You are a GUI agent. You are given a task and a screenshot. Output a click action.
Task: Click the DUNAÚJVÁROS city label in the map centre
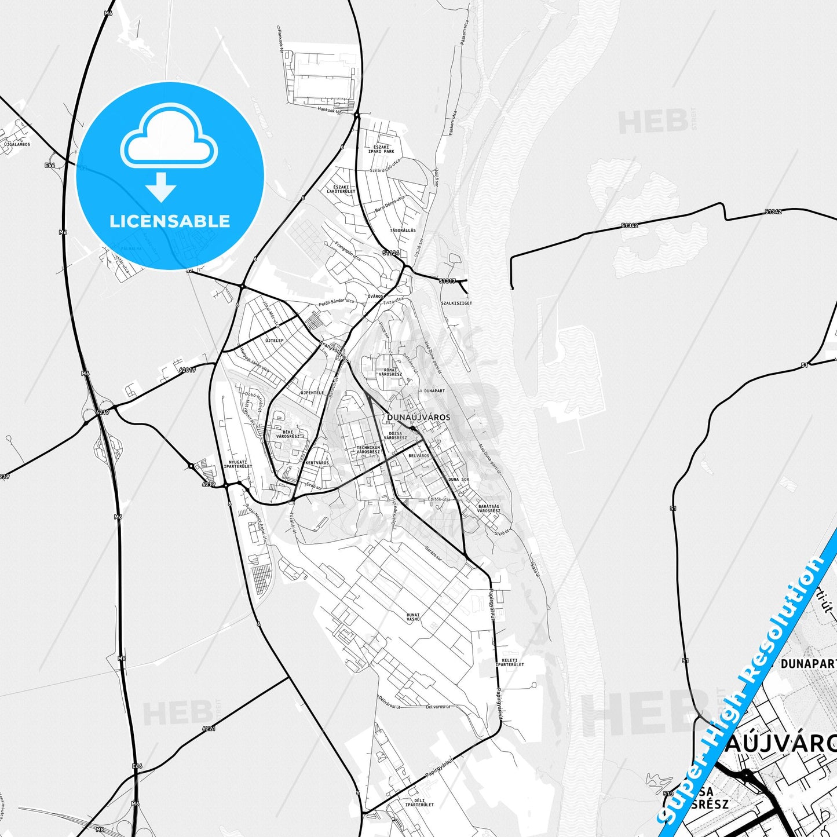tap(418, 417)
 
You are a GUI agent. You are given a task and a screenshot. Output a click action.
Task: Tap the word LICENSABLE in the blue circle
tap(170, 221)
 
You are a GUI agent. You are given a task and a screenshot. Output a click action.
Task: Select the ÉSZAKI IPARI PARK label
tap(381, 149)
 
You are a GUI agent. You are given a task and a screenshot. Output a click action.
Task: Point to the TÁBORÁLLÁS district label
tap(403, 231)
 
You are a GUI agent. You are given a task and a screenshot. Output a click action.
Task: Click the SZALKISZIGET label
tap(456, 303)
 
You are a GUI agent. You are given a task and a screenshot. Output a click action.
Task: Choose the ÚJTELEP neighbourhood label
tap(275, 341)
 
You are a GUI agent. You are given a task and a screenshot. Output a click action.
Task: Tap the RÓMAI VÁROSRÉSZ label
tap(390, 372)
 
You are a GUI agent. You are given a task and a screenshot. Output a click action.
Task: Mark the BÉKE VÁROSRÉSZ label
tap(288, 434)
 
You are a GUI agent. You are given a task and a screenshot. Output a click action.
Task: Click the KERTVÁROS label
tap(317, 463)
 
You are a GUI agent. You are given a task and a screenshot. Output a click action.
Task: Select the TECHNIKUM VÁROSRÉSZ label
tap(368, 449)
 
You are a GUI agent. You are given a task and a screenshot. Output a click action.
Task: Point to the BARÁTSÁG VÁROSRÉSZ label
tap(489, 509)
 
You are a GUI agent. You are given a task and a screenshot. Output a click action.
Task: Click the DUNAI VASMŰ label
tap(413, 617)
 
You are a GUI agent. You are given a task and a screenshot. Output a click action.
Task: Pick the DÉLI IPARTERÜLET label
tap(419, 803)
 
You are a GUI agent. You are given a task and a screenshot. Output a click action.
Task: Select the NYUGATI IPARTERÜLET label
tap(237, 465)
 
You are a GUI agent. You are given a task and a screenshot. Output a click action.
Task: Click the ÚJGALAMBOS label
tap(17, 144)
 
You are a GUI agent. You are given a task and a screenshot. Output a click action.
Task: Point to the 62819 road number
tap(188, 369)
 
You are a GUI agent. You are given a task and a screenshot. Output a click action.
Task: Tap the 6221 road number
tap(209, 728)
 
